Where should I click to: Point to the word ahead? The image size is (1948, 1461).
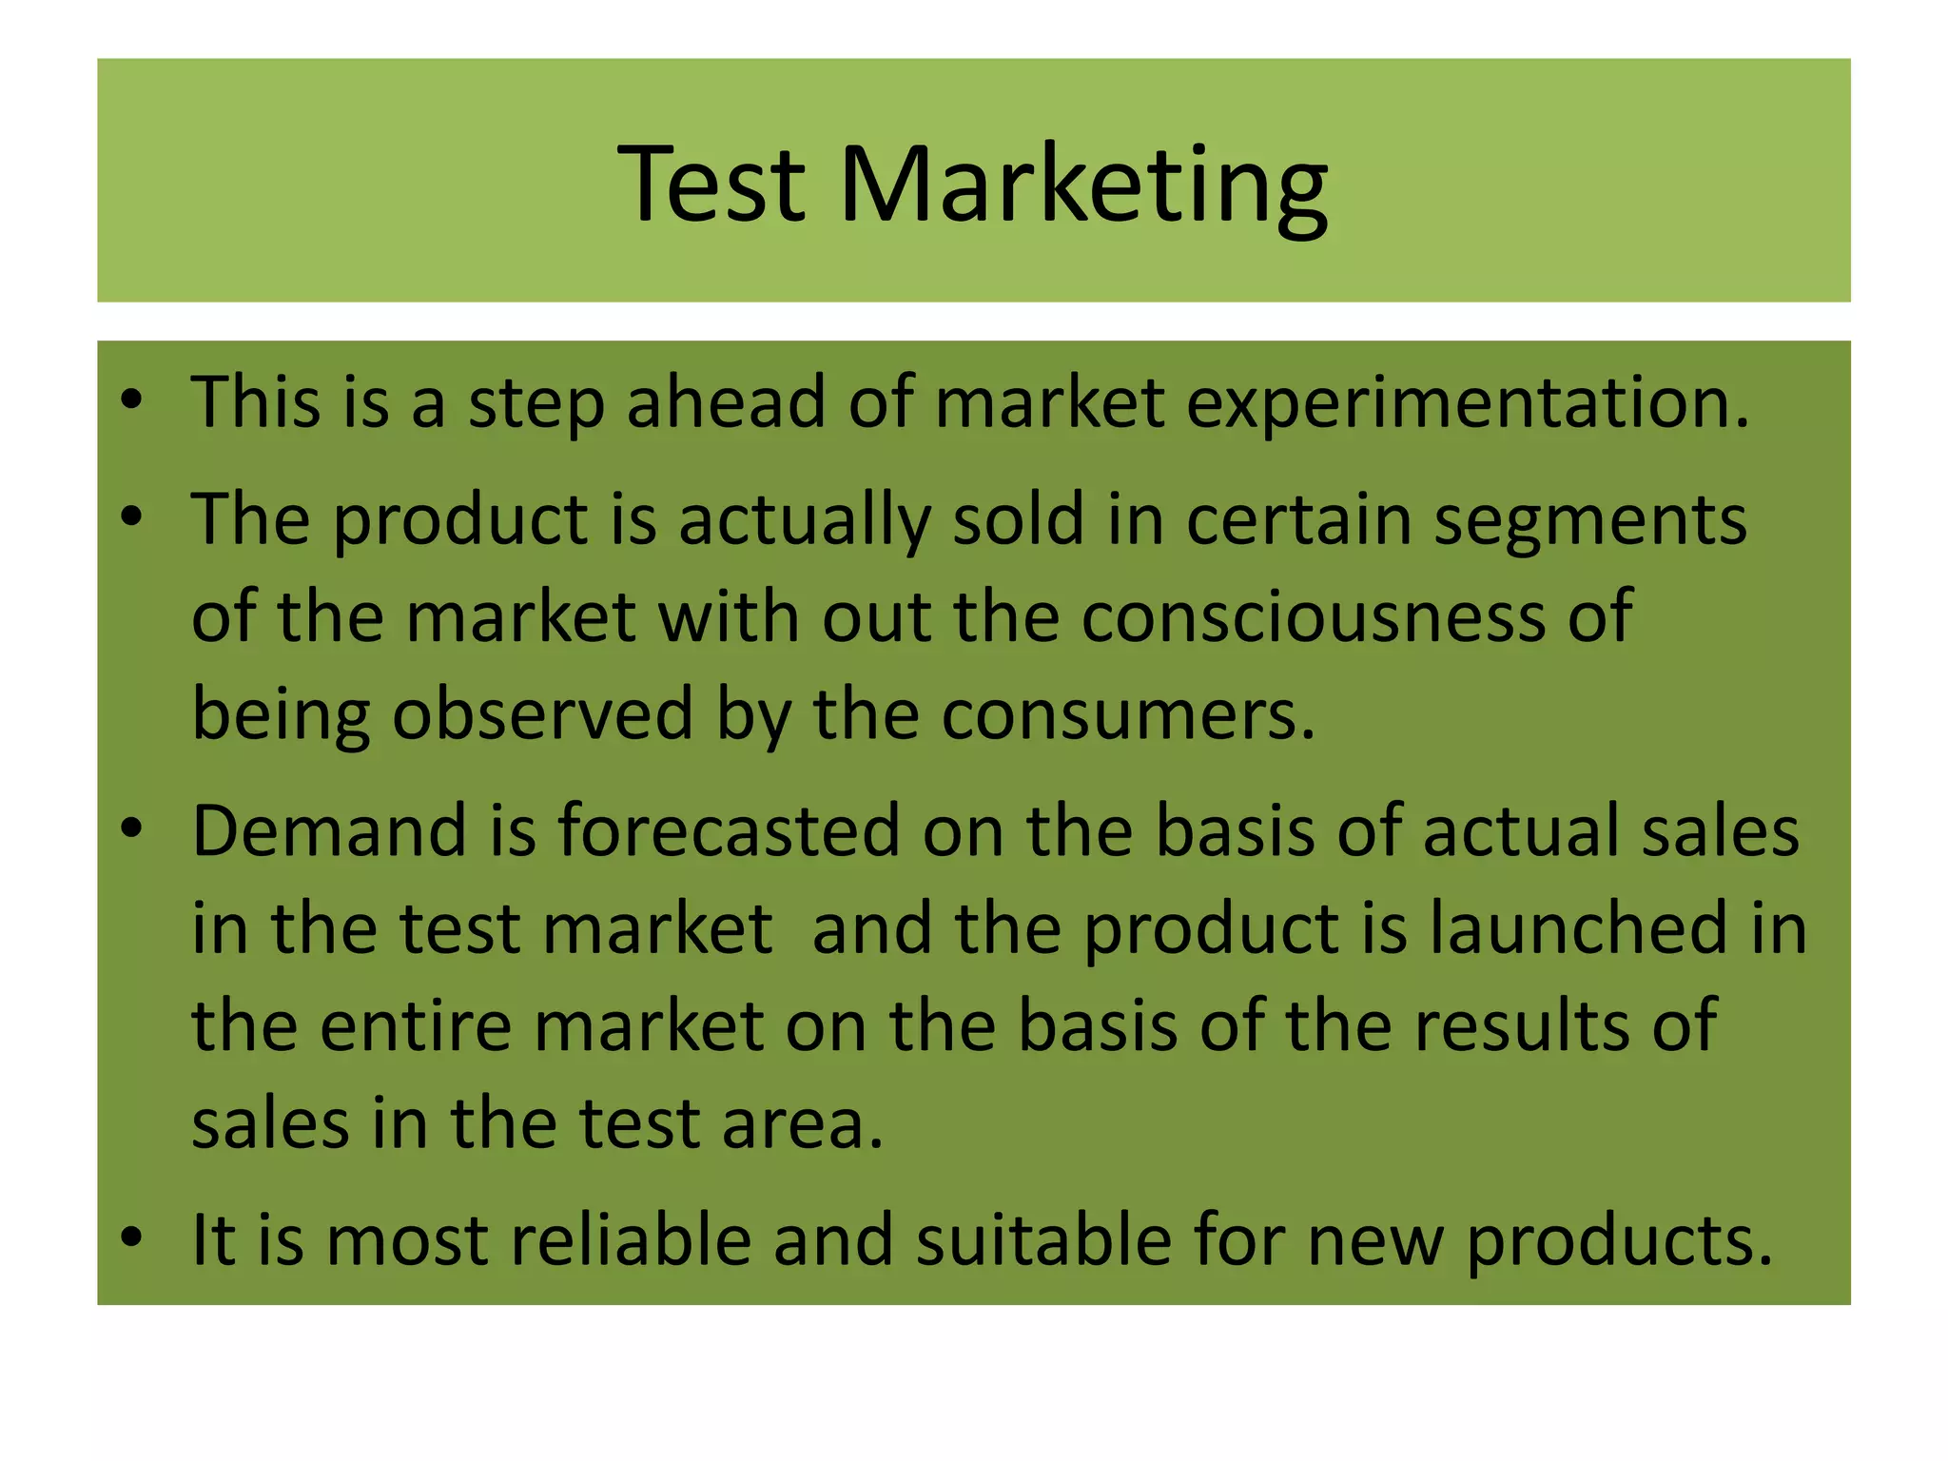pyautogui.click(x=726, y=402)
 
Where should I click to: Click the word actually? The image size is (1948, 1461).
pyautogui.click(x=804, y=521)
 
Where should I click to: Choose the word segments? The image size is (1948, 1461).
pyautogui.click(x=1590, y=521)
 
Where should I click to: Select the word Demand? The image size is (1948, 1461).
pyautogui.click(x=329, y=830)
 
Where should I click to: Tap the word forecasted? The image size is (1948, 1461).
pyautogui.click(x=729, y=830)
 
